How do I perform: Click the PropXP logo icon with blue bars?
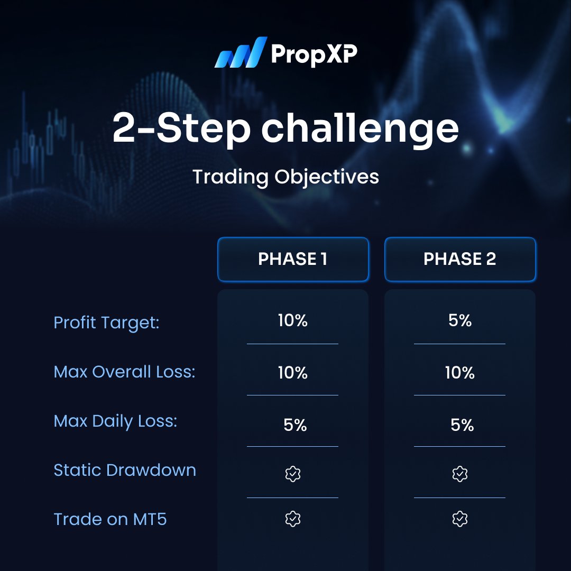pyautogui.click(x=239, y=52)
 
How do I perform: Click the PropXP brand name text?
pyautogui.click(x=314, y=53)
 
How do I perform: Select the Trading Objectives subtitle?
pyautogui.click(x=285, y=177)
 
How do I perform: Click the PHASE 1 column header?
pyautogui.click(x=292, y=259)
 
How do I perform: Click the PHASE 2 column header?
pyautogui.click(x=459, y=259)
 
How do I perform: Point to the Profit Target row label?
pyautogui.click(x=106, y=323)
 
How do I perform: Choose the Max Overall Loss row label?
pyautogui.click(x=124, y=372)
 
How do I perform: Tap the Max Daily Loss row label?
pyautogui.click(x=115, y=421)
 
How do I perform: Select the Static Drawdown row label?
pyautogui.click(x=125, y=470)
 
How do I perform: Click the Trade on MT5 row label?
pyautogui.click(x=110, y=519)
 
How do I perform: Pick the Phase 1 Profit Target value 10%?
pyautogui.click(x=292, y=321)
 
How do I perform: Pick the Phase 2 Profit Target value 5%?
pyautogui.click(x=459, y=321)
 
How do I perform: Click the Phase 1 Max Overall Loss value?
pyautogui.click(x=292, y=373)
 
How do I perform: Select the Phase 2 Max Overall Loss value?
pyautogui.click(x=459, y=373)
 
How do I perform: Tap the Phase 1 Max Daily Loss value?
pyautogui.click(x=294, y=425)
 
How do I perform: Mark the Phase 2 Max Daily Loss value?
pyautogui.click(x=462, y=425)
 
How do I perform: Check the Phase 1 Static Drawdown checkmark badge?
pyautogui.click(x=292, y=474)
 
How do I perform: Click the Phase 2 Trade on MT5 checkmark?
pyautogui.click(x=459, y=520)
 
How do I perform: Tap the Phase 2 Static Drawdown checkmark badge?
pyautogui.click(x=459, y=474)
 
